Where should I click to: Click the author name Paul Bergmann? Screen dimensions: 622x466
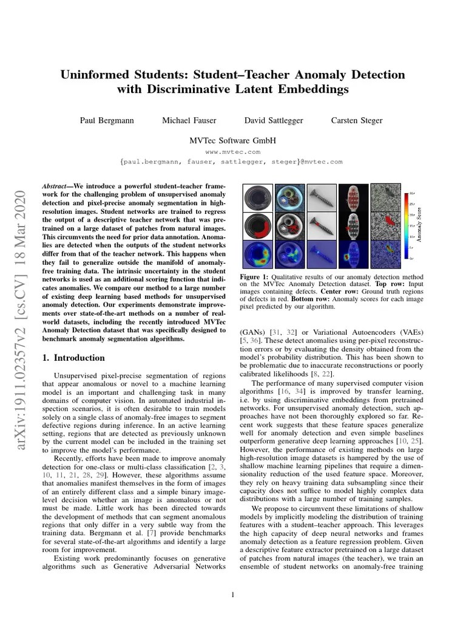[x=105, y=121]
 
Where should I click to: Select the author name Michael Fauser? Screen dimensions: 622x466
[x=189, y=121]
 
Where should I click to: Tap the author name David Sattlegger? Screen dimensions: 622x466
[x=274, y=121]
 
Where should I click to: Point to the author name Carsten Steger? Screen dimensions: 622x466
[x=357, y=121]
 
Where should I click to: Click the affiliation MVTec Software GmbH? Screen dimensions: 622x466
[x=233, y=140]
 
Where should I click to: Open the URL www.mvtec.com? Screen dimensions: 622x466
[x=233, y=152]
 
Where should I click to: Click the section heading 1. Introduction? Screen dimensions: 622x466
[x=73, y=358]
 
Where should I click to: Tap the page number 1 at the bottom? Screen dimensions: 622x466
[x=233, y=594]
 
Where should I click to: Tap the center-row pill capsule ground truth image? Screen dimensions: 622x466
[x=354, y=226]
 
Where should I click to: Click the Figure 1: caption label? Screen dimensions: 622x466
[x=258, y=276]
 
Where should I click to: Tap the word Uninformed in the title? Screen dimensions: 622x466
[x=95, y=75]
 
